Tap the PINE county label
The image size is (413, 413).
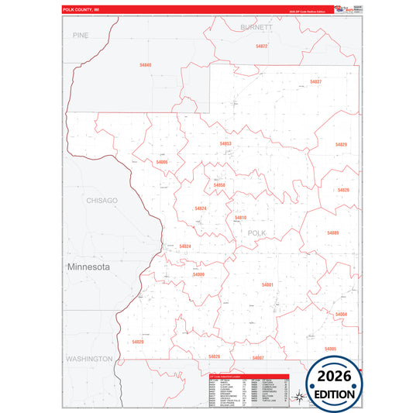81,36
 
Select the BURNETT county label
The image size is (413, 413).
256,26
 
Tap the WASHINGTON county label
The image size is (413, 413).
89,359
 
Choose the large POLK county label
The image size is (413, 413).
256,232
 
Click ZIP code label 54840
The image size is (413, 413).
146,65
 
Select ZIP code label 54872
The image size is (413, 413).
261,46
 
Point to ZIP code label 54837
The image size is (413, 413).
315,81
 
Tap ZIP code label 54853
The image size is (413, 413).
225,143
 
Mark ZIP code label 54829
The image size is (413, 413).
341,145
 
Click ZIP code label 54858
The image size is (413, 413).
219,185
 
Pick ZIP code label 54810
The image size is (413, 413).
240,218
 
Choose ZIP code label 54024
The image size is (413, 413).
184,246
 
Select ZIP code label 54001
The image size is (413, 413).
267,284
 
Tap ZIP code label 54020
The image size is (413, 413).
138,341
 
